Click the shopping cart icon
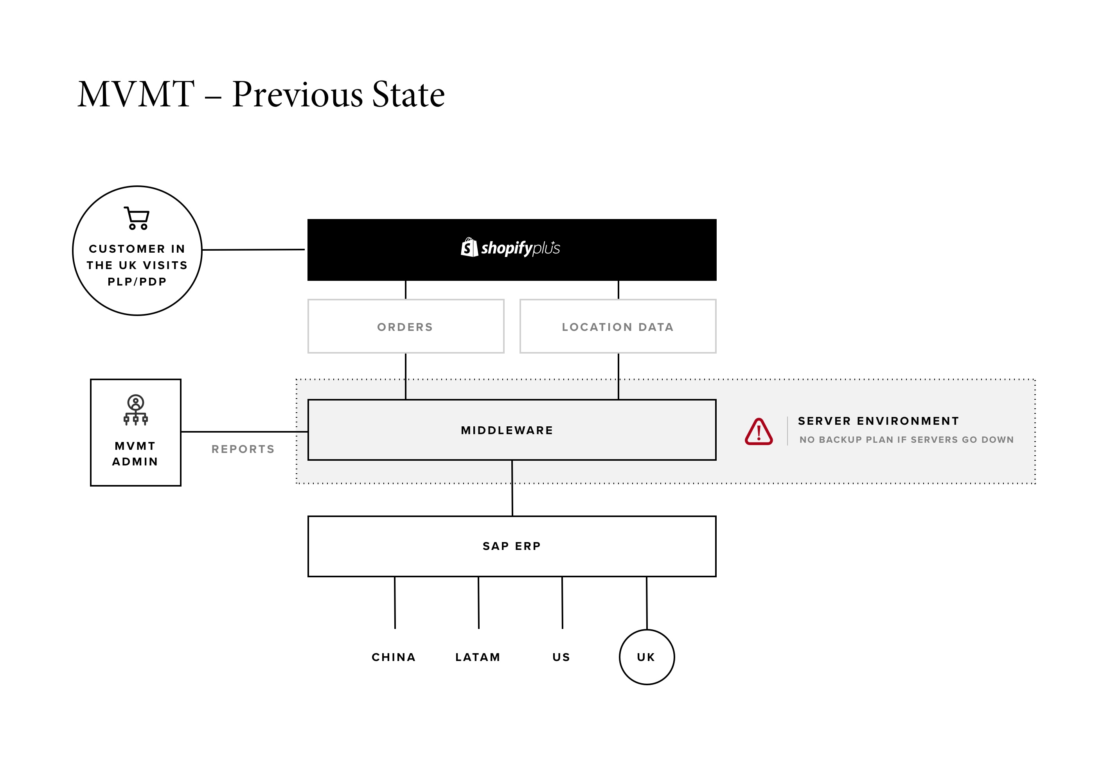click(137, 218)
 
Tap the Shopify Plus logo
click(510, 248)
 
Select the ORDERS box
click(406, 327)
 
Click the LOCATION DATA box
click(618, 327)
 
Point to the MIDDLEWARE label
click(507, 430)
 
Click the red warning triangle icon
click(759, 431)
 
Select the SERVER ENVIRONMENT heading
click(878, 421)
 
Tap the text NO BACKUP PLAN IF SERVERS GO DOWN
click(906, 440)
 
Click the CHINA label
click(394, 657)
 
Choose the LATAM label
click(478, 657)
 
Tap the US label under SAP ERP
click(561, 657)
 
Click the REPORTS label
click(243, 449)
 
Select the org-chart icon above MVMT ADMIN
click(136, 410)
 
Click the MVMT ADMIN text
click(135, 454)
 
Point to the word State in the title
click(409, 94)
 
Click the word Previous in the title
click(298, 94)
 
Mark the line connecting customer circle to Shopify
click(253, 250)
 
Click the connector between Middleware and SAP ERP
click(512, 488)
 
